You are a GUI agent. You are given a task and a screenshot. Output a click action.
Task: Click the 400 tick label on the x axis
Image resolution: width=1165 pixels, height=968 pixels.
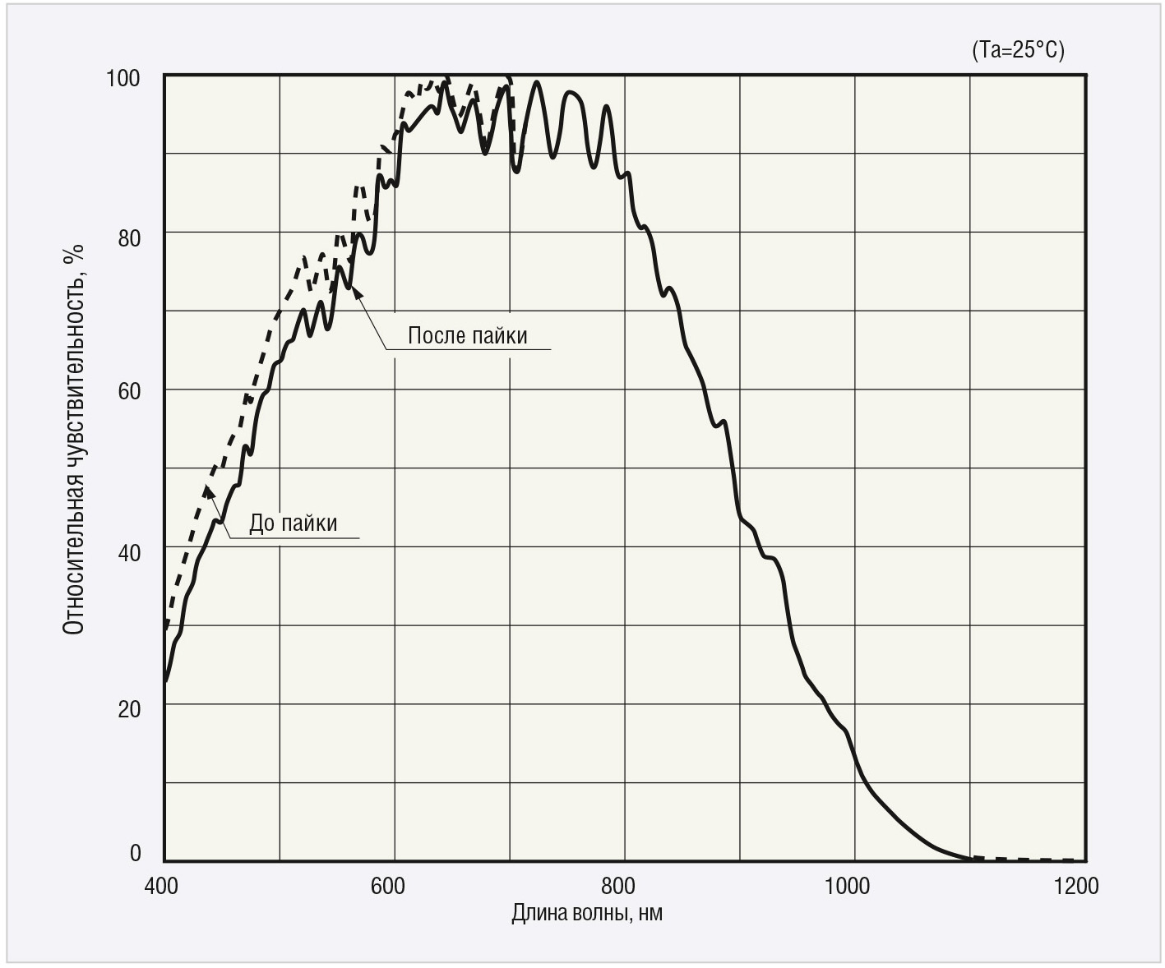coord(161,886)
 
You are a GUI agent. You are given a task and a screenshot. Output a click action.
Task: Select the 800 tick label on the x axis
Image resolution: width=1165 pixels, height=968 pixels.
coord(617,886)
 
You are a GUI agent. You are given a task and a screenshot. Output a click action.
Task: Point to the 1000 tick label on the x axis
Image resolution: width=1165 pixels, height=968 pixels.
coord(847,886)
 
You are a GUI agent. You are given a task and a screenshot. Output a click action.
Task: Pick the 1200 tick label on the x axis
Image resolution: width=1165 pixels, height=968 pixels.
coord(1075,886)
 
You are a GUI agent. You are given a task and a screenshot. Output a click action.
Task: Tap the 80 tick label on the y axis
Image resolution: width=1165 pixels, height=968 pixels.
coord(129,238)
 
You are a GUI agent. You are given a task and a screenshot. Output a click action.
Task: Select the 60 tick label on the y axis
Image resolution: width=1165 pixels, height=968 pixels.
coord(129,391)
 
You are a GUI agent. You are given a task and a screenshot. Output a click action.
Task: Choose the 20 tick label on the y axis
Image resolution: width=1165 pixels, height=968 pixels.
coord(129,708)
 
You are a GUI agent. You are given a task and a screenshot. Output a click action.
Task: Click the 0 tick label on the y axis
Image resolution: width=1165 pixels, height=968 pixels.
coord(136,853)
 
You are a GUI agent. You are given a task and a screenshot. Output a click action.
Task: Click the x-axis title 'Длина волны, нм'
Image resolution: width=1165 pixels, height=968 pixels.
coord(587,913)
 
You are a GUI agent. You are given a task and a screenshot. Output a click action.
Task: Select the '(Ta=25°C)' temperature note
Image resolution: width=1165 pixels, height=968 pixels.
coord(1018,50)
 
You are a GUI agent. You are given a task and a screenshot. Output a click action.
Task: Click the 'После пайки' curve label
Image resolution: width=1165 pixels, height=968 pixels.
coord(467,335)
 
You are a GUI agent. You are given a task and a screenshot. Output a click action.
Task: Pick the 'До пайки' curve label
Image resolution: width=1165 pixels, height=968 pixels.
coord(293,523)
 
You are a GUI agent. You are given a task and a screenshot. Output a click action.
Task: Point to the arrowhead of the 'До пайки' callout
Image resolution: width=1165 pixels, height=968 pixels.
coord(208,491)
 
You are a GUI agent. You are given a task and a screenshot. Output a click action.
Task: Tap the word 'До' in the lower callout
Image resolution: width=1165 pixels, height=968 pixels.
coord(261,523)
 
